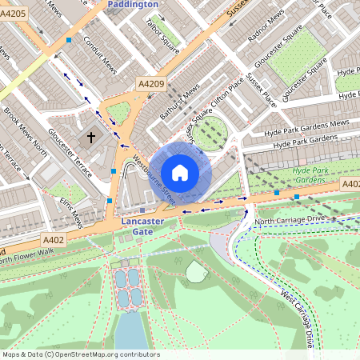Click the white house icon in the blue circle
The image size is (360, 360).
(x=180, y=172)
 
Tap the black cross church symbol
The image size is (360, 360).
(x=90, y=138)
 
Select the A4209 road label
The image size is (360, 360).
(x=150, y=83)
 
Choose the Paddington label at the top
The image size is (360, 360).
(x=132, y=4)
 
